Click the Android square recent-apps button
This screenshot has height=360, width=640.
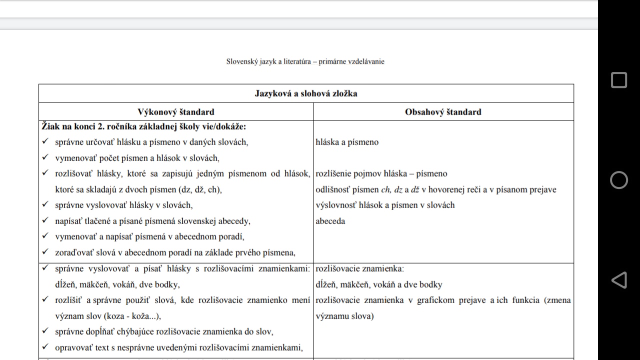click(x=619, y=80)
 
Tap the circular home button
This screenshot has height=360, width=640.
click(x=619, y=180)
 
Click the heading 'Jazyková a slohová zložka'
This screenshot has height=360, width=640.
click(x=306, y=93)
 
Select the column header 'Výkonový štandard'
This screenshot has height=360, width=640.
click(x=176, y=112)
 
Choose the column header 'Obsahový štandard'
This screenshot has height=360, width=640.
click(x=443, y=112)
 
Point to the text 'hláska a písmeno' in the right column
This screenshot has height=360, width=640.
click(x=347, y=142)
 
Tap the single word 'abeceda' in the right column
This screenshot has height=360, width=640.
click(x=330, y=221)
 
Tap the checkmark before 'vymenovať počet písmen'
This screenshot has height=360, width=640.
click(x=45, y=158)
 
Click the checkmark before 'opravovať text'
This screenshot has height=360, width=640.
click(x=45, y=347)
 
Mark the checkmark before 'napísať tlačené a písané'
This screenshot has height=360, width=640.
click(x=45, y=221)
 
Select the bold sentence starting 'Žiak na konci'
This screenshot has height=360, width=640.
click(x=144, y=127)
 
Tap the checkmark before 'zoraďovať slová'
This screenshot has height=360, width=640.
click(x=45, y=252)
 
